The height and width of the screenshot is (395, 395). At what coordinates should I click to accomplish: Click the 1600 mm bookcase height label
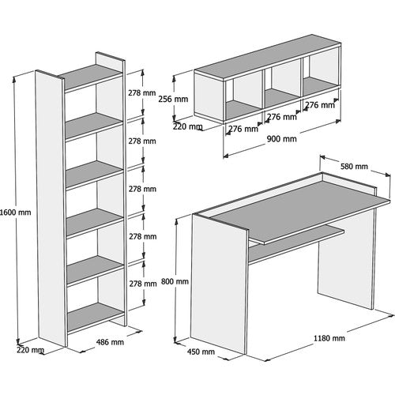[16, 213]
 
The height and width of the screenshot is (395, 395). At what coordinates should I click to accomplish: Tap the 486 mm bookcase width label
[110, 342]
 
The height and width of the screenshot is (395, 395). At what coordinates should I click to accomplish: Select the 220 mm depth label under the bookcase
[30, 350]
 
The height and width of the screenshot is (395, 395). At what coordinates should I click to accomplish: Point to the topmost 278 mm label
[142, 92]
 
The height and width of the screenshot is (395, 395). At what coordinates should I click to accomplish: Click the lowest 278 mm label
[143, 284]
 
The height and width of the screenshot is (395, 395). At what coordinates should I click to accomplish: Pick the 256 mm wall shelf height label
[173, 99]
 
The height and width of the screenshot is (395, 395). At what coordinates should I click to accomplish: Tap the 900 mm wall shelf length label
[282, 139]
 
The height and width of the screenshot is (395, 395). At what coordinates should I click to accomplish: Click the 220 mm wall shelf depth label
[187, 126]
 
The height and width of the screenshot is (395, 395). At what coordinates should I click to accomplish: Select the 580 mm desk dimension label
[354, 167]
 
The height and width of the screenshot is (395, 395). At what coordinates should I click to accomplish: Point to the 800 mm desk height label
[175, 281]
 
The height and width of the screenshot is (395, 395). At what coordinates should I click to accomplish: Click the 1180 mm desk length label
[329, 338]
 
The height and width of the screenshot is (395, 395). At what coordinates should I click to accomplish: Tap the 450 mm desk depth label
[201, 352]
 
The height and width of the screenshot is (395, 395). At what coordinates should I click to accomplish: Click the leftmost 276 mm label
[243, 129]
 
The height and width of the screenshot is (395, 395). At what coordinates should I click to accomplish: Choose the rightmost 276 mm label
[320, 105]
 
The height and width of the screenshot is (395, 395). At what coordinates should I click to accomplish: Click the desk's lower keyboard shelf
[297, 235]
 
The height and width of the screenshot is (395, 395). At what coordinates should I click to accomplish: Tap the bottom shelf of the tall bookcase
[96, 318]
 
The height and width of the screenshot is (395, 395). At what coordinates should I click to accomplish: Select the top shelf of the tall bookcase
[90, 77]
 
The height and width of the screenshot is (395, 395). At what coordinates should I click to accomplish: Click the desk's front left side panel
[220, 284]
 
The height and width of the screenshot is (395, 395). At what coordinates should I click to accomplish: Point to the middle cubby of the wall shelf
[282, 89]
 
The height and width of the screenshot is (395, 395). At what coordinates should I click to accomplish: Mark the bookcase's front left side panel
[51, 208]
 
